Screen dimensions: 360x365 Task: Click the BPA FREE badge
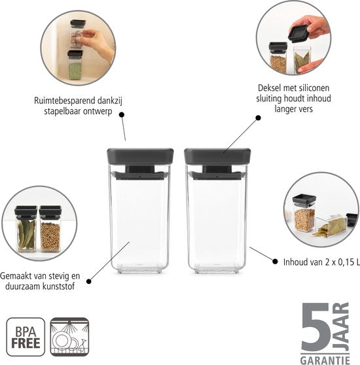(x=26, y=337)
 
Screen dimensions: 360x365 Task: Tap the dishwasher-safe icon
(x=69, y=337)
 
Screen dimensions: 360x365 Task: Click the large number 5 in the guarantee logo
(x=316, y=328)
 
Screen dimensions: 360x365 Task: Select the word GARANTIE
(x=325, y=360)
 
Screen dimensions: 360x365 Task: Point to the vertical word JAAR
(x=341, y=327)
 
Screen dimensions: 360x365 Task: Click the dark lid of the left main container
(x=140, y=156)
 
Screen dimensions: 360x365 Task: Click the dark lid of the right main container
(x=217, y=156)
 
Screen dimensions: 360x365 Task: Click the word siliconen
(x=314, y=88)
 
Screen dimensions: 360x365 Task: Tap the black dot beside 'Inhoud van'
(x=275, y=262)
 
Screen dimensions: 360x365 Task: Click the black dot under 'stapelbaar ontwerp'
(x=122, y=114)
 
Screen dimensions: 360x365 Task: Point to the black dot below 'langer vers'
(x=258, y=118)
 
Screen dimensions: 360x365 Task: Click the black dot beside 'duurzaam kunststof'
(x=89, y=281)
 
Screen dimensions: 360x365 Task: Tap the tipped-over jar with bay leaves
(x=331, y=225)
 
